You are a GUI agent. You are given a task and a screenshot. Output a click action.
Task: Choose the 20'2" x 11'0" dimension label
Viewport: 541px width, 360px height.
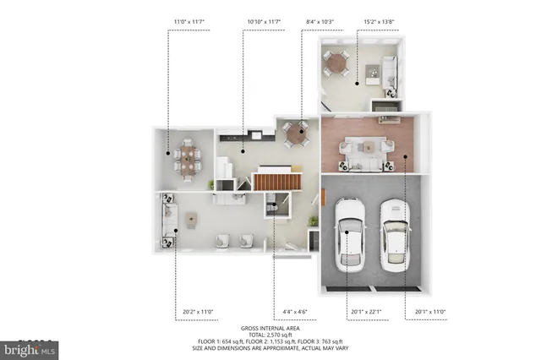coord(199,312)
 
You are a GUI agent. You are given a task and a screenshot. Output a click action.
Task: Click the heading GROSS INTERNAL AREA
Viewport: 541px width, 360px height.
coord(270,328)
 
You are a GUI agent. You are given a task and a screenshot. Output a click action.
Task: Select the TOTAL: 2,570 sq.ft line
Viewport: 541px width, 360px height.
coord(270,335)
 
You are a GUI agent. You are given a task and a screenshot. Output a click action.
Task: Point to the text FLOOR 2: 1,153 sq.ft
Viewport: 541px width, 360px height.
coord(271,341)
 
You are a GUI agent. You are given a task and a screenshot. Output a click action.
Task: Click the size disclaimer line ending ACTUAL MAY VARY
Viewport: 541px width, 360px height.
coord(270,348)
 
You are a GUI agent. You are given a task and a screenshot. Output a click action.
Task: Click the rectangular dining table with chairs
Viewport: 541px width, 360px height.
coord(187,157)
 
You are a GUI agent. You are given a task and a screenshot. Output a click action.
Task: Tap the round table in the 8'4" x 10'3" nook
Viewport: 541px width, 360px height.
coord(297,132)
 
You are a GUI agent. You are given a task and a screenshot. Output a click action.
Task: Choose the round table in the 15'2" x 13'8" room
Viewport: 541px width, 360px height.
coord(338,61)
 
